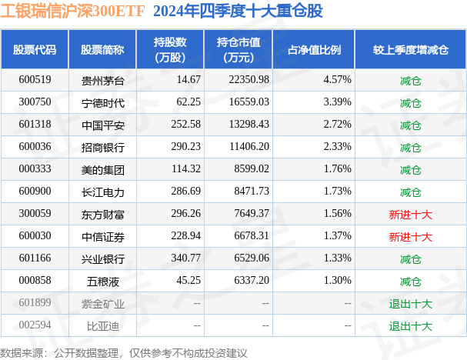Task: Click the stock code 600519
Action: click(x=34, y=79)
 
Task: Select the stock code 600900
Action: click(x=34, y=192)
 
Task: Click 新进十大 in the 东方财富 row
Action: click(x=410, y=214)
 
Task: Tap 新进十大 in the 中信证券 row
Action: click(x=410, y=236)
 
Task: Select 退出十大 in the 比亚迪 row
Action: click(x=410, y=325)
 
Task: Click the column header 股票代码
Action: click(x=35, y=49)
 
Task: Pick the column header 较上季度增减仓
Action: click(x=410, y=49)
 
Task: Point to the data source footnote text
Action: click(x=124, y=352)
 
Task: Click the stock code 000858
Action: click(x=34, y=281)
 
